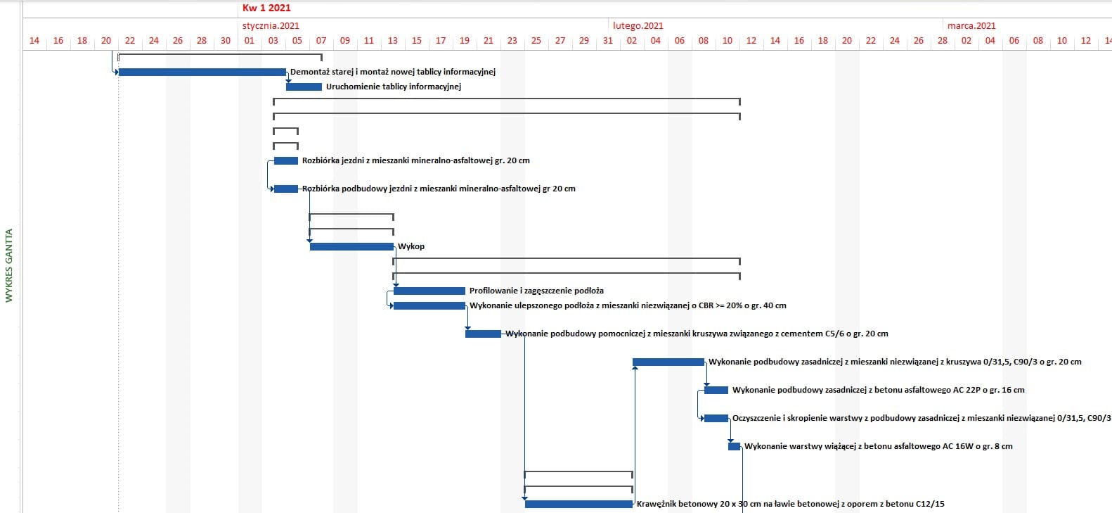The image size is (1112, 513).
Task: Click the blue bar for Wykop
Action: [x=351, y=246]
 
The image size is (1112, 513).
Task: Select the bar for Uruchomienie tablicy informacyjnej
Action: [x=304, y=87]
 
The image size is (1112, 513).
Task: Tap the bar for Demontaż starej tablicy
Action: [x=202, y=72]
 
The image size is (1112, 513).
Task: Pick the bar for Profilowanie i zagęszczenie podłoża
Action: [x=429, y=291]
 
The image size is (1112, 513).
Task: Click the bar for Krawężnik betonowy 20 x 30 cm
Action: [x=578, y=504]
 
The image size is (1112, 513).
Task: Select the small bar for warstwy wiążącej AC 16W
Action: [x=734, y=446]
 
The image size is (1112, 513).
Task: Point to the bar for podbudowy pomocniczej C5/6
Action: [x=483, y=334]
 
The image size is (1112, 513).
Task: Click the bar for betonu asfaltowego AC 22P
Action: [x=716, y=390]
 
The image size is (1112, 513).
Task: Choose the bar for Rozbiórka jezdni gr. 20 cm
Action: [x=286, y=160]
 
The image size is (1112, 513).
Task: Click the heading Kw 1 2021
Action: [x=266, y=8]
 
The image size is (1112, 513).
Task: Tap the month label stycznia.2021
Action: [x=271, y=26]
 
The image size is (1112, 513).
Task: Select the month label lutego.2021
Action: [x=638, y=26]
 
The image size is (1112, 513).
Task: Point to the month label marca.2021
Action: [x=971, y=26]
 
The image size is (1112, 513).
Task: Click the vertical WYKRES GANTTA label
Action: [x=9, y=265]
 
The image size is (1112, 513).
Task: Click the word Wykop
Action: [x=411, y=246]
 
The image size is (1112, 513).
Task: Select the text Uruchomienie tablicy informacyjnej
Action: [x=393, y=87]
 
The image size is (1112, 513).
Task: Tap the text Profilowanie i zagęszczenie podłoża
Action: [x=536, y=291]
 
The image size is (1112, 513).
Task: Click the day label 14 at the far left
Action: [x=34, y=41]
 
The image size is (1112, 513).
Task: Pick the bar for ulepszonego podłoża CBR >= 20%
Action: [x=429, y=305]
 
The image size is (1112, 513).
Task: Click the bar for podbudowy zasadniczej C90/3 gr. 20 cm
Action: [x=668, y=362]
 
